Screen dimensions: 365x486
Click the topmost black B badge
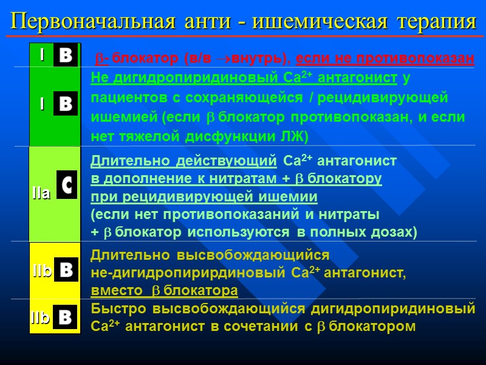tap(66, 57)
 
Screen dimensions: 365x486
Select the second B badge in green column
tap(66, 103)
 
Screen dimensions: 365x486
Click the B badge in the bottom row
tap(65, 316)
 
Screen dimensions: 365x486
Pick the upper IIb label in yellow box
tap(42, 272)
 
